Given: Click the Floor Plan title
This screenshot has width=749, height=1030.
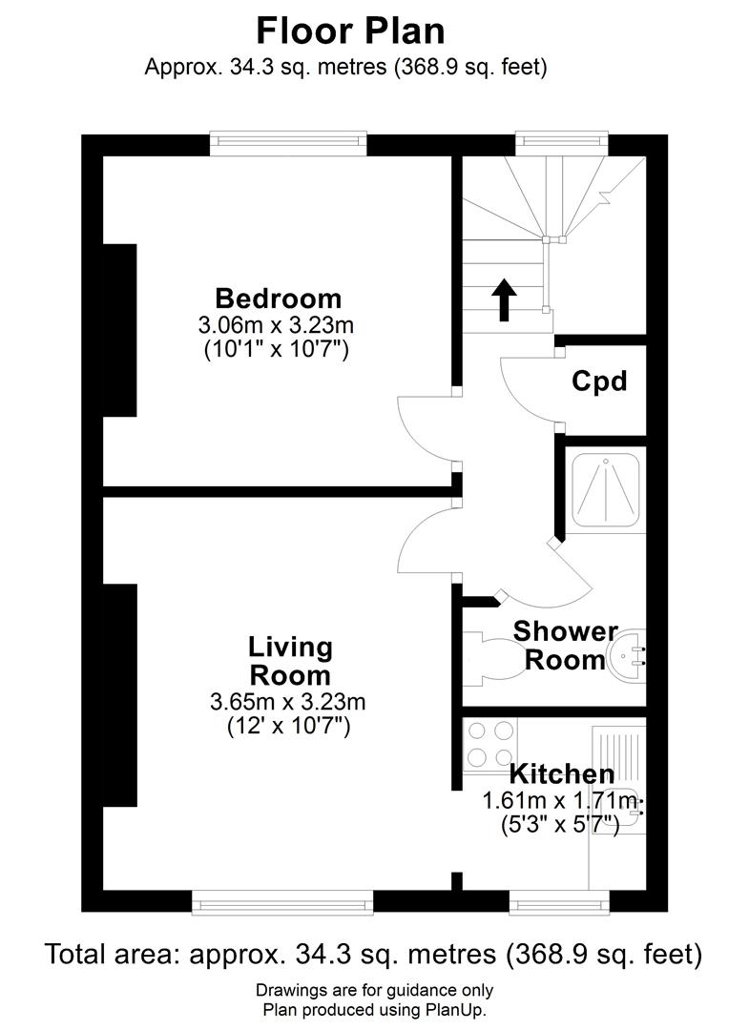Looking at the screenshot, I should pyautogui.click(x=350, y=31).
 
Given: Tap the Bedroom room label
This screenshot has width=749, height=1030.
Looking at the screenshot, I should pyautogui.click(x=278, y=298).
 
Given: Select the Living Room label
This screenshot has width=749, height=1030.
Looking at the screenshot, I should pyautogui.click(x=290, y=661).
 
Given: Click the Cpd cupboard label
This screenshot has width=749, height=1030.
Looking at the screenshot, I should pyautogui.click(x=599, y=381).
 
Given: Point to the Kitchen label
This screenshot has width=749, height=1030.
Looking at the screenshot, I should pyautogui.click(x=561, y=773).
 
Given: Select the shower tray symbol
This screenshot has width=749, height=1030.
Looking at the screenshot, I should pyautogui.click(x=607, y=490).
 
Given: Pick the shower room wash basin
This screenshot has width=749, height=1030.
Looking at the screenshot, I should pyautogui.click(x=628, y=655).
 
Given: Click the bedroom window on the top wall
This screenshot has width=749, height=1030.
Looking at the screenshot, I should pyautogui.click(x=288, y=144).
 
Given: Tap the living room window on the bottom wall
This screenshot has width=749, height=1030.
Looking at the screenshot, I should pyautogui.click(x=282, y=901).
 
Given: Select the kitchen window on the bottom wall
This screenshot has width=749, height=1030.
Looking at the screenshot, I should pyautogui.click(x=559, y=901).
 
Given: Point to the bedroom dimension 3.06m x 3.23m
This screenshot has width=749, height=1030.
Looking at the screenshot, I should pyautogui.click(x=277, y=325).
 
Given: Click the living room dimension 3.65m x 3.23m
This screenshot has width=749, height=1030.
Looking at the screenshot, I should pyautogui.click(x=288, y=703).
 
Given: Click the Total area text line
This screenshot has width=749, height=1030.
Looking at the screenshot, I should pyautogui.click(x=374, y=954).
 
